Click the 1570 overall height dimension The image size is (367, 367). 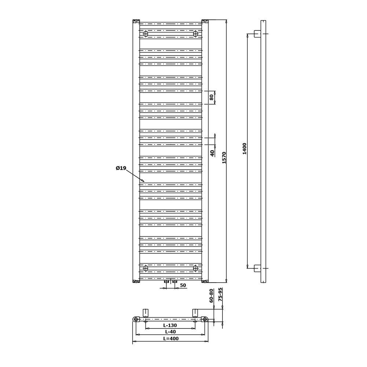pos(224,157)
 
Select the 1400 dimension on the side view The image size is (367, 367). pos(244,149)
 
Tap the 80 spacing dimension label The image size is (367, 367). pos(212,97)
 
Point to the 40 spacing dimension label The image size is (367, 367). pos(212,153)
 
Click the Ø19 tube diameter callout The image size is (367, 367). pos(121,168)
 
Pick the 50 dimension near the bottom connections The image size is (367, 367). pos(183,285)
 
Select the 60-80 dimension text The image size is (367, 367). pos(211,296)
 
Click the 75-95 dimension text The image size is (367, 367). pos(220,295)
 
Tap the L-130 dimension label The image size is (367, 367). pos(170,325)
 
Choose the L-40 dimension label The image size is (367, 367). pos(170,332)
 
